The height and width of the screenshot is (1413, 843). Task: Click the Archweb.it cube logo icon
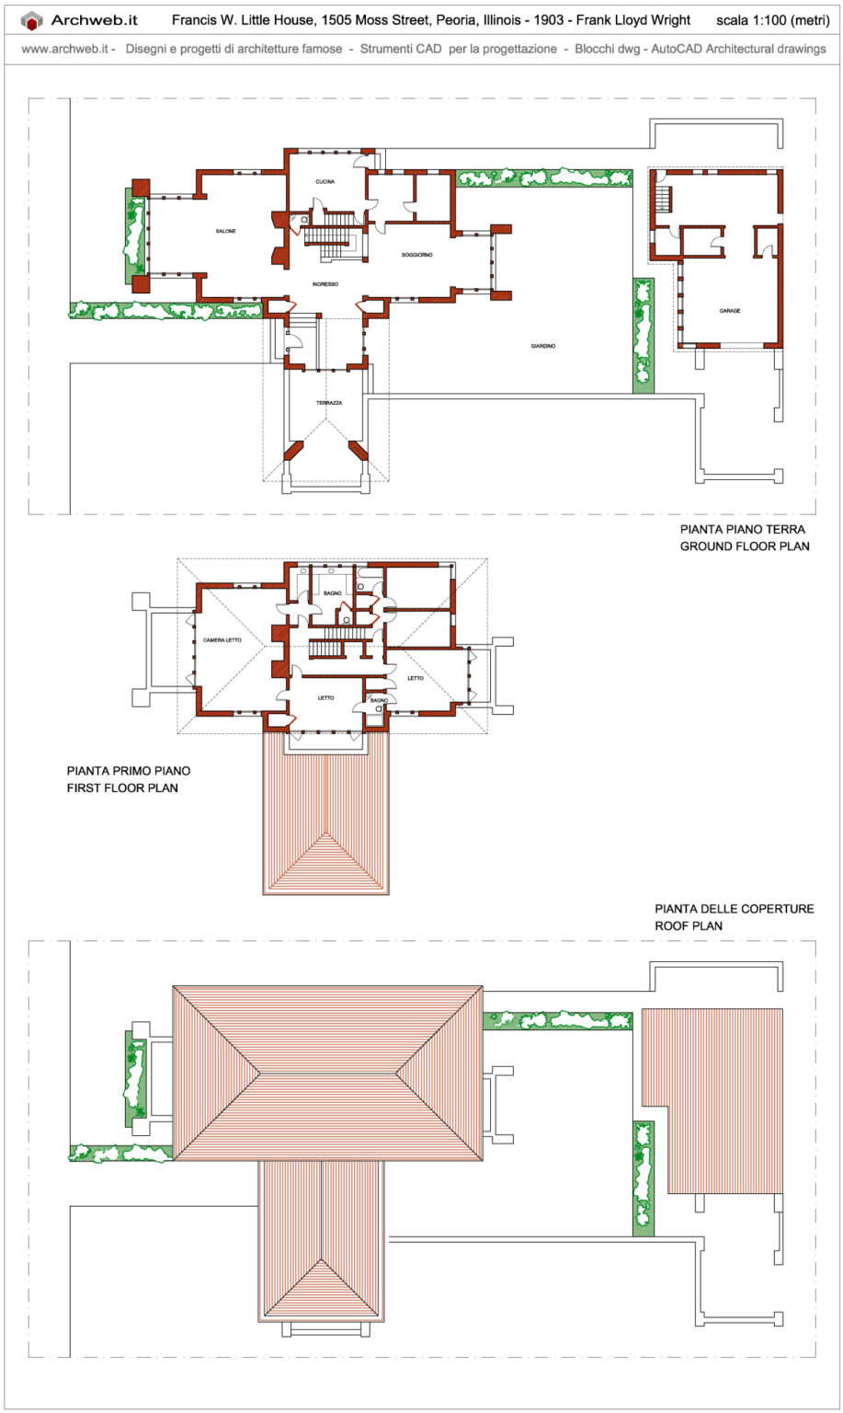tap(32, 20)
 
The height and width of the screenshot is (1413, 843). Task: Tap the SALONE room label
tap(226, 231)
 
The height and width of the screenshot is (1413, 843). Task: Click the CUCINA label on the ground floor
tap(325, 182)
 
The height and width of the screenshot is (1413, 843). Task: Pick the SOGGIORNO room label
tap(416, 255)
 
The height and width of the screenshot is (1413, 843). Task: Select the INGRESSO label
tap(325, 284)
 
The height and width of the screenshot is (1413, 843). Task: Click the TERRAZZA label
tap(329, 403)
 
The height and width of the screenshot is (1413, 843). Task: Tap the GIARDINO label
tap(543, 346)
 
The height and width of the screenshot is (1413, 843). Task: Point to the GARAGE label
tap(730, 311)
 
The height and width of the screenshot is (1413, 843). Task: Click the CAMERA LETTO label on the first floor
tap(222, 640)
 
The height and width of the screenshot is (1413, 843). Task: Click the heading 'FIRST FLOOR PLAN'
tap(122, 788)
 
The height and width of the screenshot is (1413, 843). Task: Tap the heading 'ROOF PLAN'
tap(688, 926)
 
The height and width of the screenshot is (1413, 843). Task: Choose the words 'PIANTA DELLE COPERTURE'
tap(734, 909)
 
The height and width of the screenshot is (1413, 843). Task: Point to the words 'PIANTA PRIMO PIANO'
tap(129, 771)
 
